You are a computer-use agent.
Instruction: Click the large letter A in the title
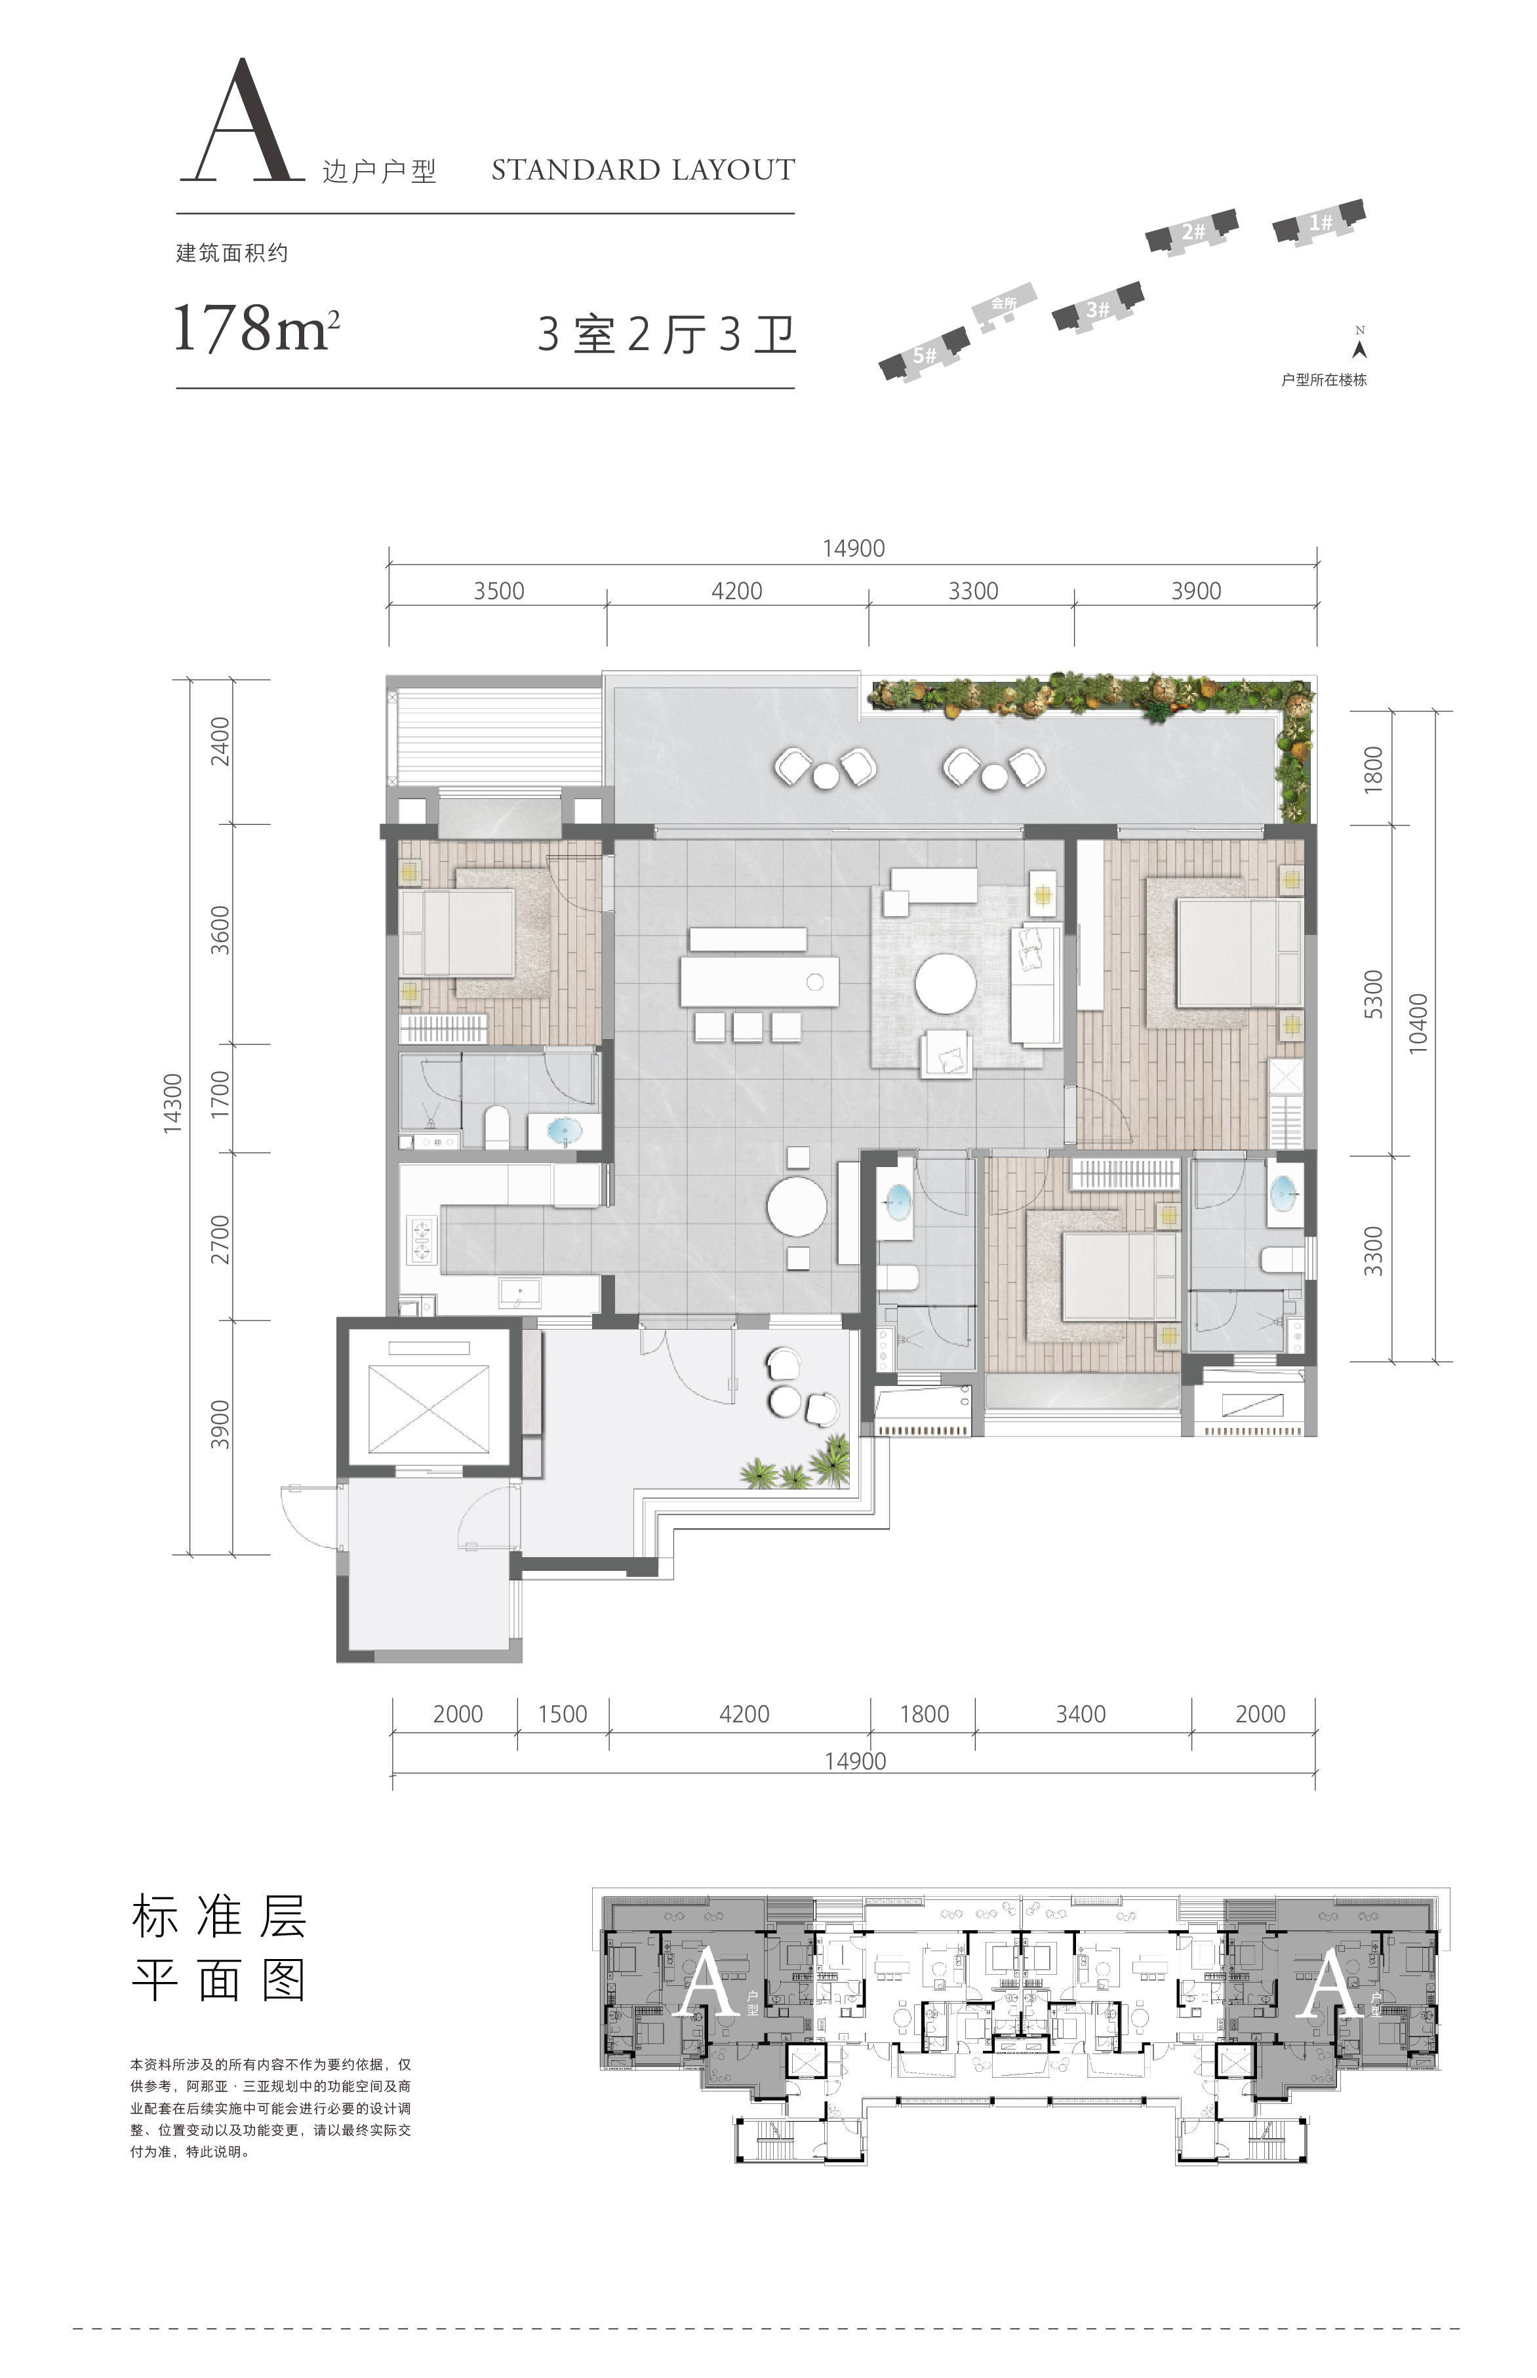click(x=243, y=122)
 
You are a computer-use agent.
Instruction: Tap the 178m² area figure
click(x=256, y=327)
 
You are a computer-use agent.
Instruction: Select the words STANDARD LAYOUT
click(x=643, y=170)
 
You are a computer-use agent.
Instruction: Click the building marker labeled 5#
click(x=924, y=354)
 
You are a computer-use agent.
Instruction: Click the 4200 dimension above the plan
click(x=736, y=591)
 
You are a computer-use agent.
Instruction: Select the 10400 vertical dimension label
click(x=1418, y=1022)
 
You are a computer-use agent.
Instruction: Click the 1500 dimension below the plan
click(x=562, y=1713)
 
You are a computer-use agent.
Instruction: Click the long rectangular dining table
click(x=759, y=981)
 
